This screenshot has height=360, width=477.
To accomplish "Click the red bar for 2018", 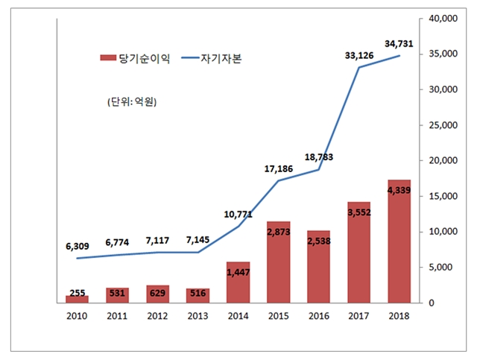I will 399,246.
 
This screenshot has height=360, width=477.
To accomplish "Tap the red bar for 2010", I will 77,299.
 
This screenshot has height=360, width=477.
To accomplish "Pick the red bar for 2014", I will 238,282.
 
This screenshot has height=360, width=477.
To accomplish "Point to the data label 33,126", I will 359,54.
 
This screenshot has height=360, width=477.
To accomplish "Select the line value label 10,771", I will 238,215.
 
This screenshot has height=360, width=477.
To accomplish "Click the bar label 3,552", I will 358,212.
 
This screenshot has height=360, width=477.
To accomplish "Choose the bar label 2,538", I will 318,241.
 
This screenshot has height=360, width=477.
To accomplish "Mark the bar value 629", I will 157,294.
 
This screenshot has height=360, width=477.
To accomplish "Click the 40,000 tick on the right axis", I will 440,19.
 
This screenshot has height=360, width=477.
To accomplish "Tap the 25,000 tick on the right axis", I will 440,125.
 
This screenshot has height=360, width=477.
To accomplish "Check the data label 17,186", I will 278,168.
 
